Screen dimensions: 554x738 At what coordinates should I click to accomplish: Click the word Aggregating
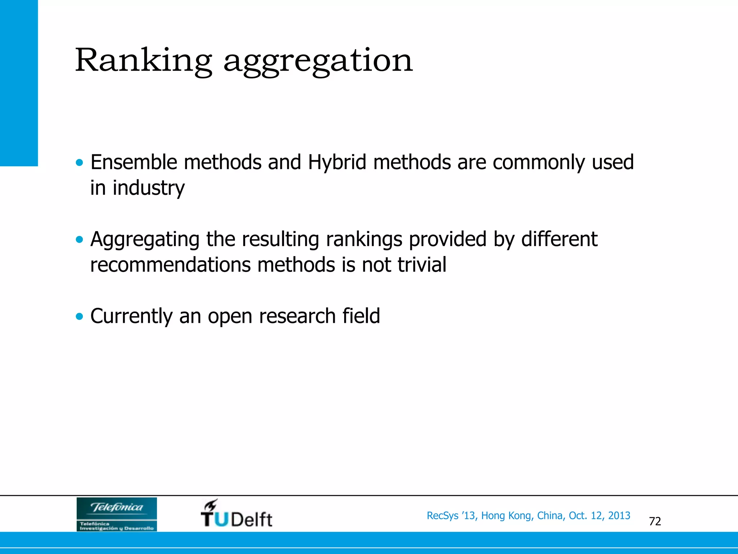145,239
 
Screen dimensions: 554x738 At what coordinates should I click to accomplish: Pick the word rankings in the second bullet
364,239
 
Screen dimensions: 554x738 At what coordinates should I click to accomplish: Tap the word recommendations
170,265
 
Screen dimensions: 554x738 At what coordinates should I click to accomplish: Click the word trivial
422,265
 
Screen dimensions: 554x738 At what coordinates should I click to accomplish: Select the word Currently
132,316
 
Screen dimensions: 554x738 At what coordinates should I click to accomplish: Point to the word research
297,316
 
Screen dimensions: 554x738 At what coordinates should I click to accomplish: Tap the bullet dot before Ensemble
79,163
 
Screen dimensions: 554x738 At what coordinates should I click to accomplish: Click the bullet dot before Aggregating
79,239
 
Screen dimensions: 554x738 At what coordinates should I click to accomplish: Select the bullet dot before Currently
79,317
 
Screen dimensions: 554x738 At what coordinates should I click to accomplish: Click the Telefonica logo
116,514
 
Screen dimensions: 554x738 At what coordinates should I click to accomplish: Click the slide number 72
655,522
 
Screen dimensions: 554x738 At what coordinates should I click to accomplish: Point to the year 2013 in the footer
619,516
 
